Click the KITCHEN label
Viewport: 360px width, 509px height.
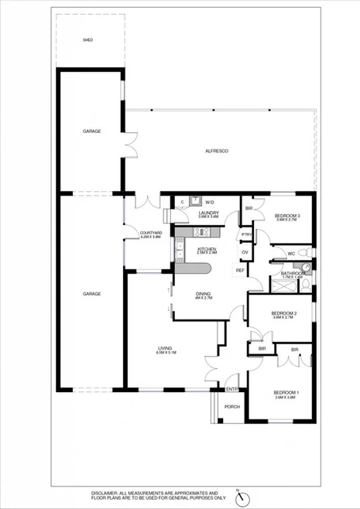206,248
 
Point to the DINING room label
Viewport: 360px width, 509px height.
204,294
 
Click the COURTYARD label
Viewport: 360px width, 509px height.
150,233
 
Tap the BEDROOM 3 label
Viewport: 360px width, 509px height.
287,215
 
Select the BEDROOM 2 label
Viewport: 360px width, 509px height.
284,313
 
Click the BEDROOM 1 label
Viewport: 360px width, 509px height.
286,394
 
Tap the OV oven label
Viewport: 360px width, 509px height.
245,252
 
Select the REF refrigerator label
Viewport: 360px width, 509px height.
240,270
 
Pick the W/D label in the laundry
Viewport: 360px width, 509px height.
209,203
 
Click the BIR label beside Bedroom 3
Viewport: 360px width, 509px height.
249,209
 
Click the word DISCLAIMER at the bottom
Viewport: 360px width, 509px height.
106,492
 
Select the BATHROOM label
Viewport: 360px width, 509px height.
292,272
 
